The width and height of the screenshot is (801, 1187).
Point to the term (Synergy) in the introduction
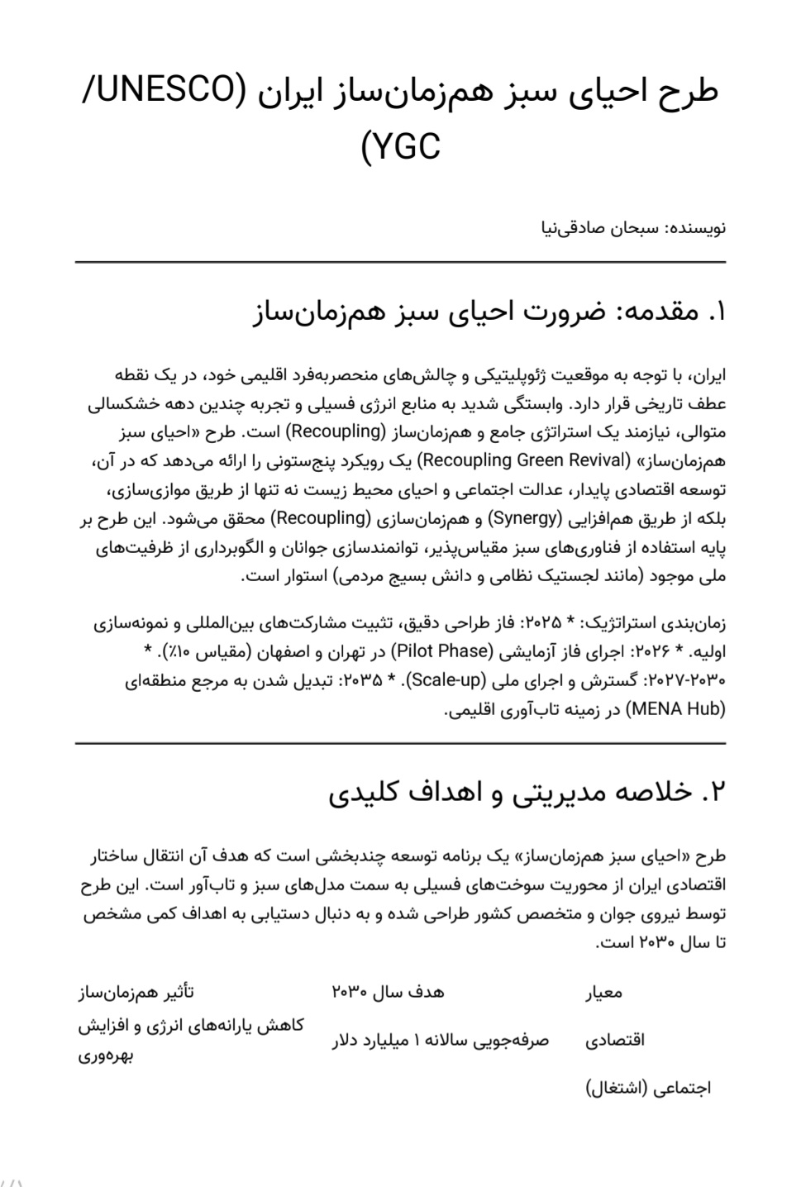pyautogui.click(x=523, y=518)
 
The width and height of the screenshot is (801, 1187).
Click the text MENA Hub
pyautogui.click(x=675, y=708)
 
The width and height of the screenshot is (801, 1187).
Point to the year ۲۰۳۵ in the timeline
pyautogui.click(x=362, y=679)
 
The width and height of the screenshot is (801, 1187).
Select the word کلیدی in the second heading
pyautogui.click(x=365, y=793)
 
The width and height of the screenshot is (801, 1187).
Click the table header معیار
pyautogui.click(x=604, y=992)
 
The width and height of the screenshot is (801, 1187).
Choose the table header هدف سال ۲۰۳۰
pyautogui.click(x=387, y=991)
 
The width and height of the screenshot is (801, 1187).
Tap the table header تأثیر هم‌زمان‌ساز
pyautogui.click(x=136, y=991)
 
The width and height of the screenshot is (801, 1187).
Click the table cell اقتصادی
pyautogui.click(x=615, y=1040)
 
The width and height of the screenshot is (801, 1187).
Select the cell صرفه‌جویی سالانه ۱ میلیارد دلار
pyautogui.click(x=441, y=1040)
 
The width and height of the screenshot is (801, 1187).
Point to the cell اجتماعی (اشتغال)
pyautogui.click(x=649, y=1088)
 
